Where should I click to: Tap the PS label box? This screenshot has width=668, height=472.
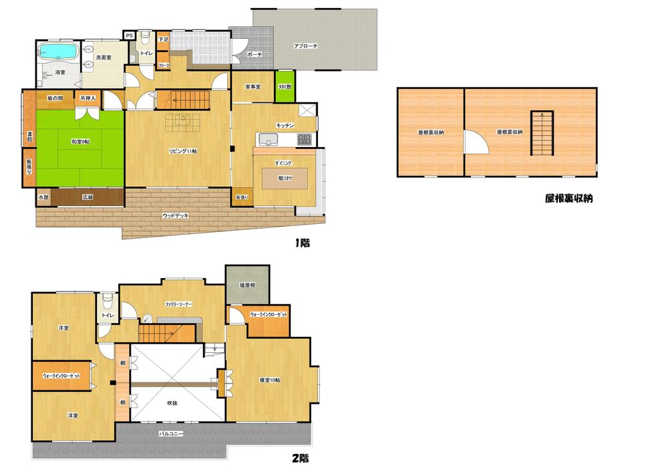click(x=129, y=35)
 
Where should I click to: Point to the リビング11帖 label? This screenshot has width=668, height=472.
click(x=182, y=151)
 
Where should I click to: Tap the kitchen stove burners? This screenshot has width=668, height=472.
click(x=304, y=140)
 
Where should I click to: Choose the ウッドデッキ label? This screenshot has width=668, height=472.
click(x=176, y=215)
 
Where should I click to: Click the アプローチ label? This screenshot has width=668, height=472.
click(x=306, y=46)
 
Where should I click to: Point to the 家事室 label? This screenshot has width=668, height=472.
click(x=252, y=87)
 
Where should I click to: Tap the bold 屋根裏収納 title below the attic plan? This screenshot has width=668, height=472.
click(x=570, y=198)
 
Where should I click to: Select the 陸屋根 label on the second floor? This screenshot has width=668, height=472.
click(x=248, y=285)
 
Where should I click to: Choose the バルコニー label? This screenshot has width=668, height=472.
click(x=171, y=433)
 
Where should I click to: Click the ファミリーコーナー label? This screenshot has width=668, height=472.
click(x=179, y=304)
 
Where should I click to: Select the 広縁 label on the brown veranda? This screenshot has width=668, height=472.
click(x=88, y=197)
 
